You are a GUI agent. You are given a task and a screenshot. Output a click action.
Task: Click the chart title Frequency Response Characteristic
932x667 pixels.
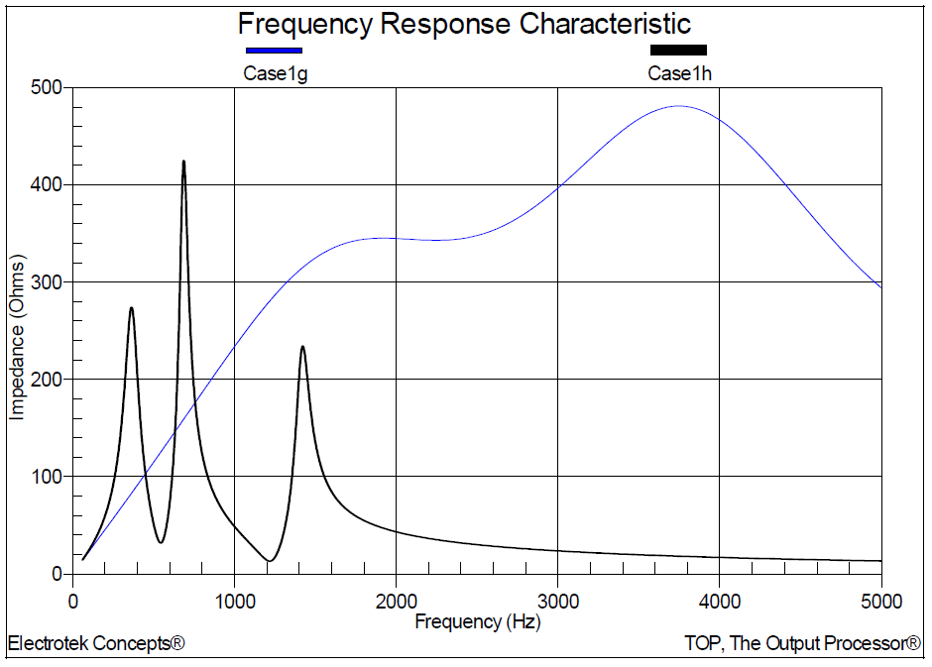[464, 24]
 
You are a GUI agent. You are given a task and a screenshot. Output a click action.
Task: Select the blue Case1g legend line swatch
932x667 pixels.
[274, 50]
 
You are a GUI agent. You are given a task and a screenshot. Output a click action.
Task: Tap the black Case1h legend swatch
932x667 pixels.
[678, 50]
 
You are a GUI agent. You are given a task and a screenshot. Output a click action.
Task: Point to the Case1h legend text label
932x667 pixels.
[679, 72]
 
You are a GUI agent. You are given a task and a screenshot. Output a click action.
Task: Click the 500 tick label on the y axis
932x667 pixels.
[47, 88]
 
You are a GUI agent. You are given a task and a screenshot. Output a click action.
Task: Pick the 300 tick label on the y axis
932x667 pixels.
[47, 282]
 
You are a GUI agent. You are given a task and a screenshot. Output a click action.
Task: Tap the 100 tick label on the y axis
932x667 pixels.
[47, 477]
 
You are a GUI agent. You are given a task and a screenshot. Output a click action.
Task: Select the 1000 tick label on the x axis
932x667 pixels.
[234, 601]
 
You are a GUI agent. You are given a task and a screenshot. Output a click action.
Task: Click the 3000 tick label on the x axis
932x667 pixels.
[557, 601]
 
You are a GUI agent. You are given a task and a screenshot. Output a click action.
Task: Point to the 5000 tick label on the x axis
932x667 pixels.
[881, 601]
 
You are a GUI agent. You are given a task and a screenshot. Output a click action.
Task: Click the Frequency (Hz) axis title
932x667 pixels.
[478, 622]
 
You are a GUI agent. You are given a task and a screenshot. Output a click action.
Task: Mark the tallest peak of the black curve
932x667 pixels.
[183, 162]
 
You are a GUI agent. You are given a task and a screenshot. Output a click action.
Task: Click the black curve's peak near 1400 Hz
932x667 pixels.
[302, 347]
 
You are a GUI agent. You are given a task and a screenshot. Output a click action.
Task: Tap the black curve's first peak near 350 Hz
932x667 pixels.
[131, 308]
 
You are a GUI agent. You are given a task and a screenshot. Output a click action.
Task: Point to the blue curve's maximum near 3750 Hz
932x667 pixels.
[679, 106]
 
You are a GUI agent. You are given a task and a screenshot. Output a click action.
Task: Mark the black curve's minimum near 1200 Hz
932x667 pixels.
[269, 561]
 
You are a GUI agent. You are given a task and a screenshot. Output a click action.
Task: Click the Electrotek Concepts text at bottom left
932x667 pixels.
[96, 644]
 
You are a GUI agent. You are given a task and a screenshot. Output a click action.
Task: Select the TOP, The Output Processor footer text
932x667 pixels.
[802, 644]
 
